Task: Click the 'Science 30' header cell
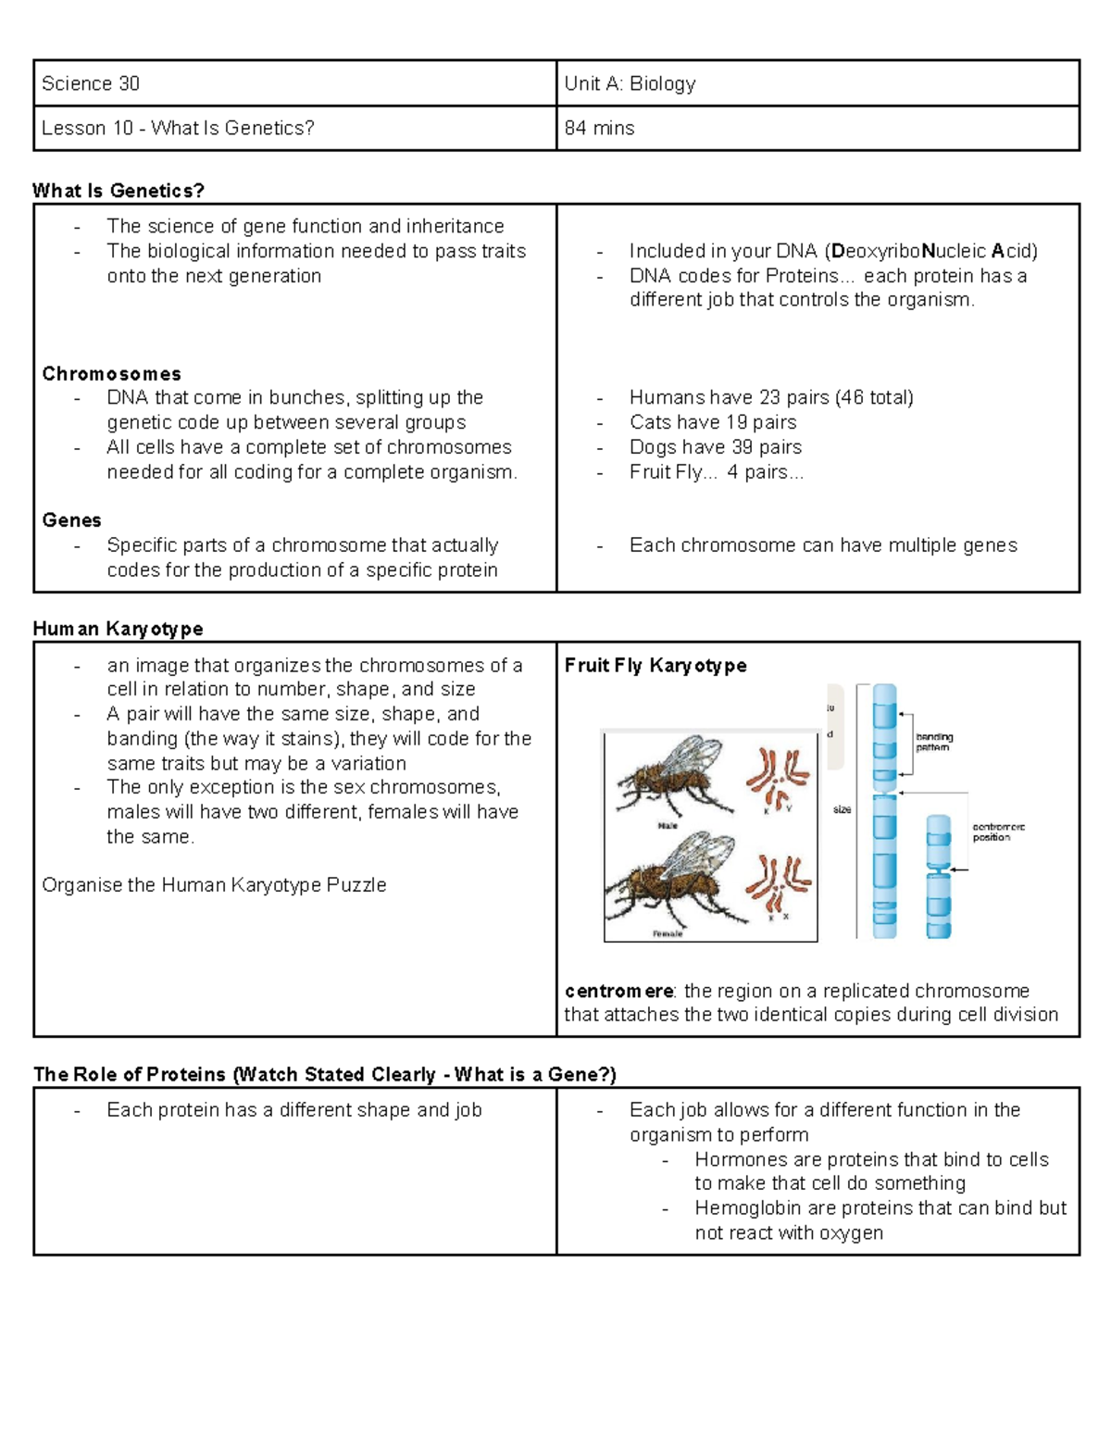click(91, 83)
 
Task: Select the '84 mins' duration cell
click(599, 128)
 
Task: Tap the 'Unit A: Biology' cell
click(630, 83)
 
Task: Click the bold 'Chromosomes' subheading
click(111, 373)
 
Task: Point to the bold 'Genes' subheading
click(71, 520)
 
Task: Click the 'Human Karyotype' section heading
click(118, 629)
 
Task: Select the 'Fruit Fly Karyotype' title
click(655, 666)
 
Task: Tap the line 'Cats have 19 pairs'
click(712, 422)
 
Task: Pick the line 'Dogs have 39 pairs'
click(715, 447)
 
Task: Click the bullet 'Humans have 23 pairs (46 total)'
click(770, 397)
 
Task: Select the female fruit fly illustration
click(671, 880)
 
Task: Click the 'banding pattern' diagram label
click(933, 742)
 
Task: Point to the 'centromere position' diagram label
click(997, 832)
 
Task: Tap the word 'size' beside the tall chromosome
click(842, 809)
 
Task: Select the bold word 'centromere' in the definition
click(618, 991)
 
